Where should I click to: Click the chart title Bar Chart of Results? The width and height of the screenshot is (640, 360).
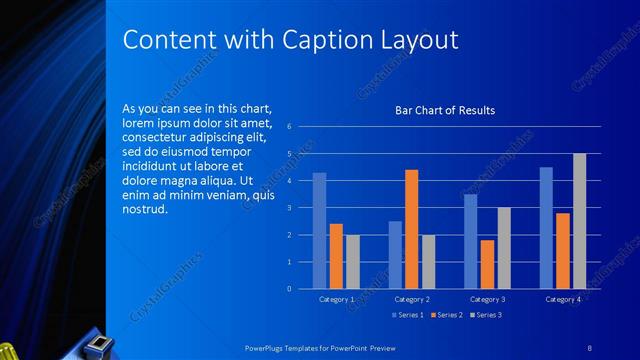pos(444,110)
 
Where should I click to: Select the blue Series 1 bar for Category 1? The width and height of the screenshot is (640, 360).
pos(319,231)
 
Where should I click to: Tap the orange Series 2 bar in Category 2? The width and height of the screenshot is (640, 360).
pos(411,229)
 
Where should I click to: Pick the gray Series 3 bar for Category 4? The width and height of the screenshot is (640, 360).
pos(579,221)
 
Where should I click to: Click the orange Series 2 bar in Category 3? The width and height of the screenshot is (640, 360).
pos(487,264)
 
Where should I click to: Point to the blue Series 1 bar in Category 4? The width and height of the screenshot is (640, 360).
pos(546,228)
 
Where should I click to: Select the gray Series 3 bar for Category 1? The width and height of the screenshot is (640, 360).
pos(352,262)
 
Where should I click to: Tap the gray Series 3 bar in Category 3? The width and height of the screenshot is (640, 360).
pos(504,248)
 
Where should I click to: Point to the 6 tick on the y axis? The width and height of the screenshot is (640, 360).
pos(288,127)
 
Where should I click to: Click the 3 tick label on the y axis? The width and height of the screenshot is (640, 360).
pos(288,208)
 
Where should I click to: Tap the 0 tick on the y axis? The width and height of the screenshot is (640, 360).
pos(288,289)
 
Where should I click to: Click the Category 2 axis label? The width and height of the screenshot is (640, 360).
pos(411,299)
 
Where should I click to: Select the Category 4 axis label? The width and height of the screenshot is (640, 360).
pos(562,299)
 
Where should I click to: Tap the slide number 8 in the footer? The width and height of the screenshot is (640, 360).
pos(589,346)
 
